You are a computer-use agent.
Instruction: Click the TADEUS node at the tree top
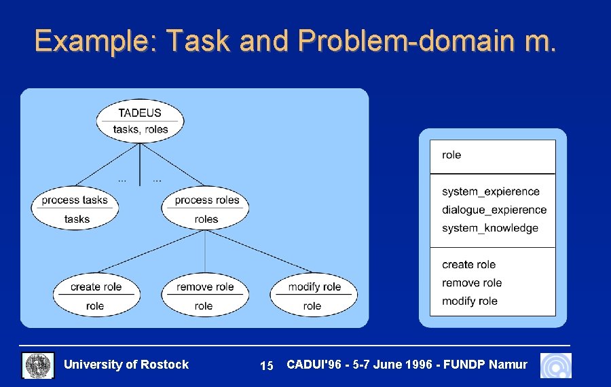[x=140, y=121]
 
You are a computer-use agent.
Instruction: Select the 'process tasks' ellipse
[x=75, y=208]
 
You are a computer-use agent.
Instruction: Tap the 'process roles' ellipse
[x=206, y=208]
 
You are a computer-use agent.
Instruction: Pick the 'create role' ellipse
[x=96, y=296]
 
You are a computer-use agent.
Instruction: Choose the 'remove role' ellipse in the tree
[x=204, y=296]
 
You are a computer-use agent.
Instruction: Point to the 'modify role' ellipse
[x=314, y=296]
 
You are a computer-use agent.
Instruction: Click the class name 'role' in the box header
[x=451, y=155]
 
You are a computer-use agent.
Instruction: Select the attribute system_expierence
[x=490, y=192]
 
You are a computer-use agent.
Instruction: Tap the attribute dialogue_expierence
[x=494, y=210]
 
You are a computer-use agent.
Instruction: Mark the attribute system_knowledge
[x=489, y=229]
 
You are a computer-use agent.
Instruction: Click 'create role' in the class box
[x=468, y=265]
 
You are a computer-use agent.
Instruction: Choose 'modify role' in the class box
[x=469, y=301]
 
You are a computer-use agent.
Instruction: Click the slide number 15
[x=267, y=366]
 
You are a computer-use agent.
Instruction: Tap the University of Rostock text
[x=126, y=365]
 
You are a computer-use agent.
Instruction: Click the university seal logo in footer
[x=38, y=365]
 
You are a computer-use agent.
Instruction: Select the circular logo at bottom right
[x=555, y=365]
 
